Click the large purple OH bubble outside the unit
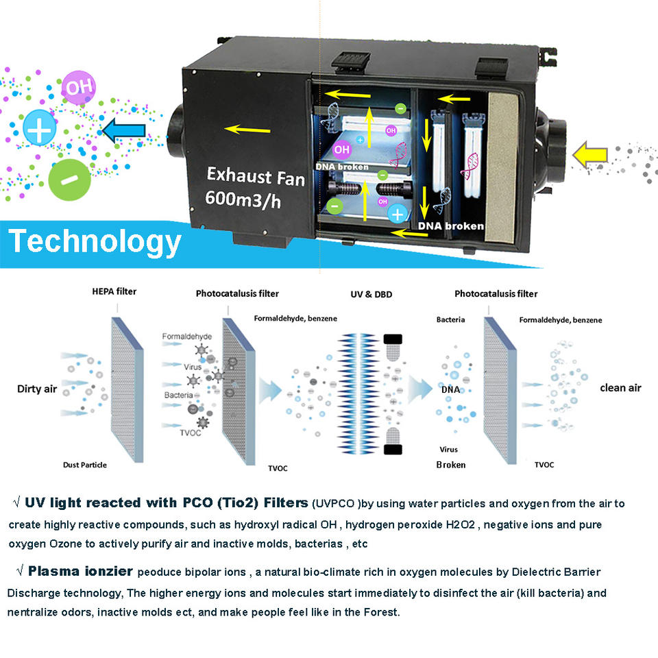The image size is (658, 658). pyautogui.click(x=78, y=87)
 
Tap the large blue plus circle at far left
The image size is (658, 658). pyautogui.click(x=39, y=127)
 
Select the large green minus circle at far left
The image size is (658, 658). pyautogui.click(x=69, y=180)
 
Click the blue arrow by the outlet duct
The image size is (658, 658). pyautogui.click(x=124, y=130)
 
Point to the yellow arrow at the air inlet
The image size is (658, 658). pyautogui.click(x=589, y=155)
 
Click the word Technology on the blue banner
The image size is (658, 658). pyautogui.click(x=95, y=242)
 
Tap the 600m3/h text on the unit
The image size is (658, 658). pyautogui.click(x=243, y=199)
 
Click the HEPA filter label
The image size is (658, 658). pyautogui.click(x=114, y=291)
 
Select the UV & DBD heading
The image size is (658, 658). pyautogui.click(x=371, y=294)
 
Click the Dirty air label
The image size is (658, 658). pyautogui.click(x=37, y=389)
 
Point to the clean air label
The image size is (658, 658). pyautogui.click(x=621, y=388)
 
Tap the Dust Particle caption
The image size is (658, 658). pyautogui.click(x=85, y=465)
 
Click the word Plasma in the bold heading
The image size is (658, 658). pyautogui.click(x=53, y=571)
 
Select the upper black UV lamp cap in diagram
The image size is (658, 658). pyautogui.click(x=393, y=339)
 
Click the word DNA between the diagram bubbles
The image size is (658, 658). pyautogui.click(x=451, y=389)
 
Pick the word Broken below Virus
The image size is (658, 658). pyautogui.click(x=451, y=465)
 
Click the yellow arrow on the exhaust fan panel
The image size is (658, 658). pyautogui.click(x=247, y=129)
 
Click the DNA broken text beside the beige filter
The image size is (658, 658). pyautogui.click(x=451, y=226)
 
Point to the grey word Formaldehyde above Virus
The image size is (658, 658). pyautogui.click(x=186, y=336)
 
